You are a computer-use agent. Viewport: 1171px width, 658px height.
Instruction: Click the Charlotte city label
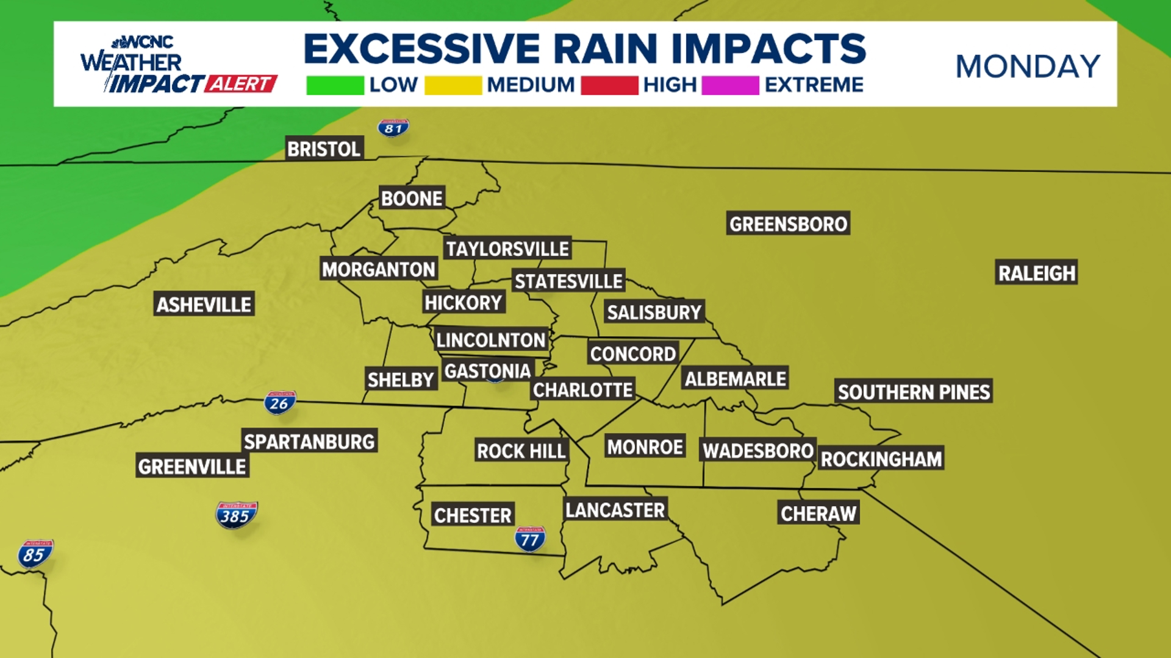582,389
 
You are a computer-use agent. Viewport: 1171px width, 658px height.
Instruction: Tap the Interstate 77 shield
529,539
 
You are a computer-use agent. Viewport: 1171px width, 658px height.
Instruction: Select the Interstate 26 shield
279,403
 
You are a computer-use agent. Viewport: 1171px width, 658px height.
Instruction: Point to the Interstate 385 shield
236,515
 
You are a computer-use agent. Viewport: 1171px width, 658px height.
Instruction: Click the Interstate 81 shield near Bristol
393,128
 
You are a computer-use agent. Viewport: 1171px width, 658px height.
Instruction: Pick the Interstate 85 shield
35,554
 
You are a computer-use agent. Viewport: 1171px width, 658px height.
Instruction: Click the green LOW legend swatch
335,85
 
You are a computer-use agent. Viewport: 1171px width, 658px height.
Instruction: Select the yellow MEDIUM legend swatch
453,85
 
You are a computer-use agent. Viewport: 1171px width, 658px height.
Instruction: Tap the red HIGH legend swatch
609,85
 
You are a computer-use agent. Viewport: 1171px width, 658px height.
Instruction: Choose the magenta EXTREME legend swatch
730,85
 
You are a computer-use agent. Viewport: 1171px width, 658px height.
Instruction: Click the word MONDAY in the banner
1028,66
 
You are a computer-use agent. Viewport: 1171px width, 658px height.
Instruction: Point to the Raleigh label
1036,273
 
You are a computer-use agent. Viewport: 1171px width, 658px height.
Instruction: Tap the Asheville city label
204,304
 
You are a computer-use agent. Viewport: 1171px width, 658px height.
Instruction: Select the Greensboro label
788,224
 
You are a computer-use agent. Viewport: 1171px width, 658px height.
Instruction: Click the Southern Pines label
914,392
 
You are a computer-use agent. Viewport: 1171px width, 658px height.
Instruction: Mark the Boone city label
412,199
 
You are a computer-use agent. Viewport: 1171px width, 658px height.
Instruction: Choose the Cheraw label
818,514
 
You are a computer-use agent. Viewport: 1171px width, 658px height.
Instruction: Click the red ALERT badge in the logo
241,83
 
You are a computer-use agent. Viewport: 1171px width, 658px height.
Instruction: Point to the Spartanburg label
309,441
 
